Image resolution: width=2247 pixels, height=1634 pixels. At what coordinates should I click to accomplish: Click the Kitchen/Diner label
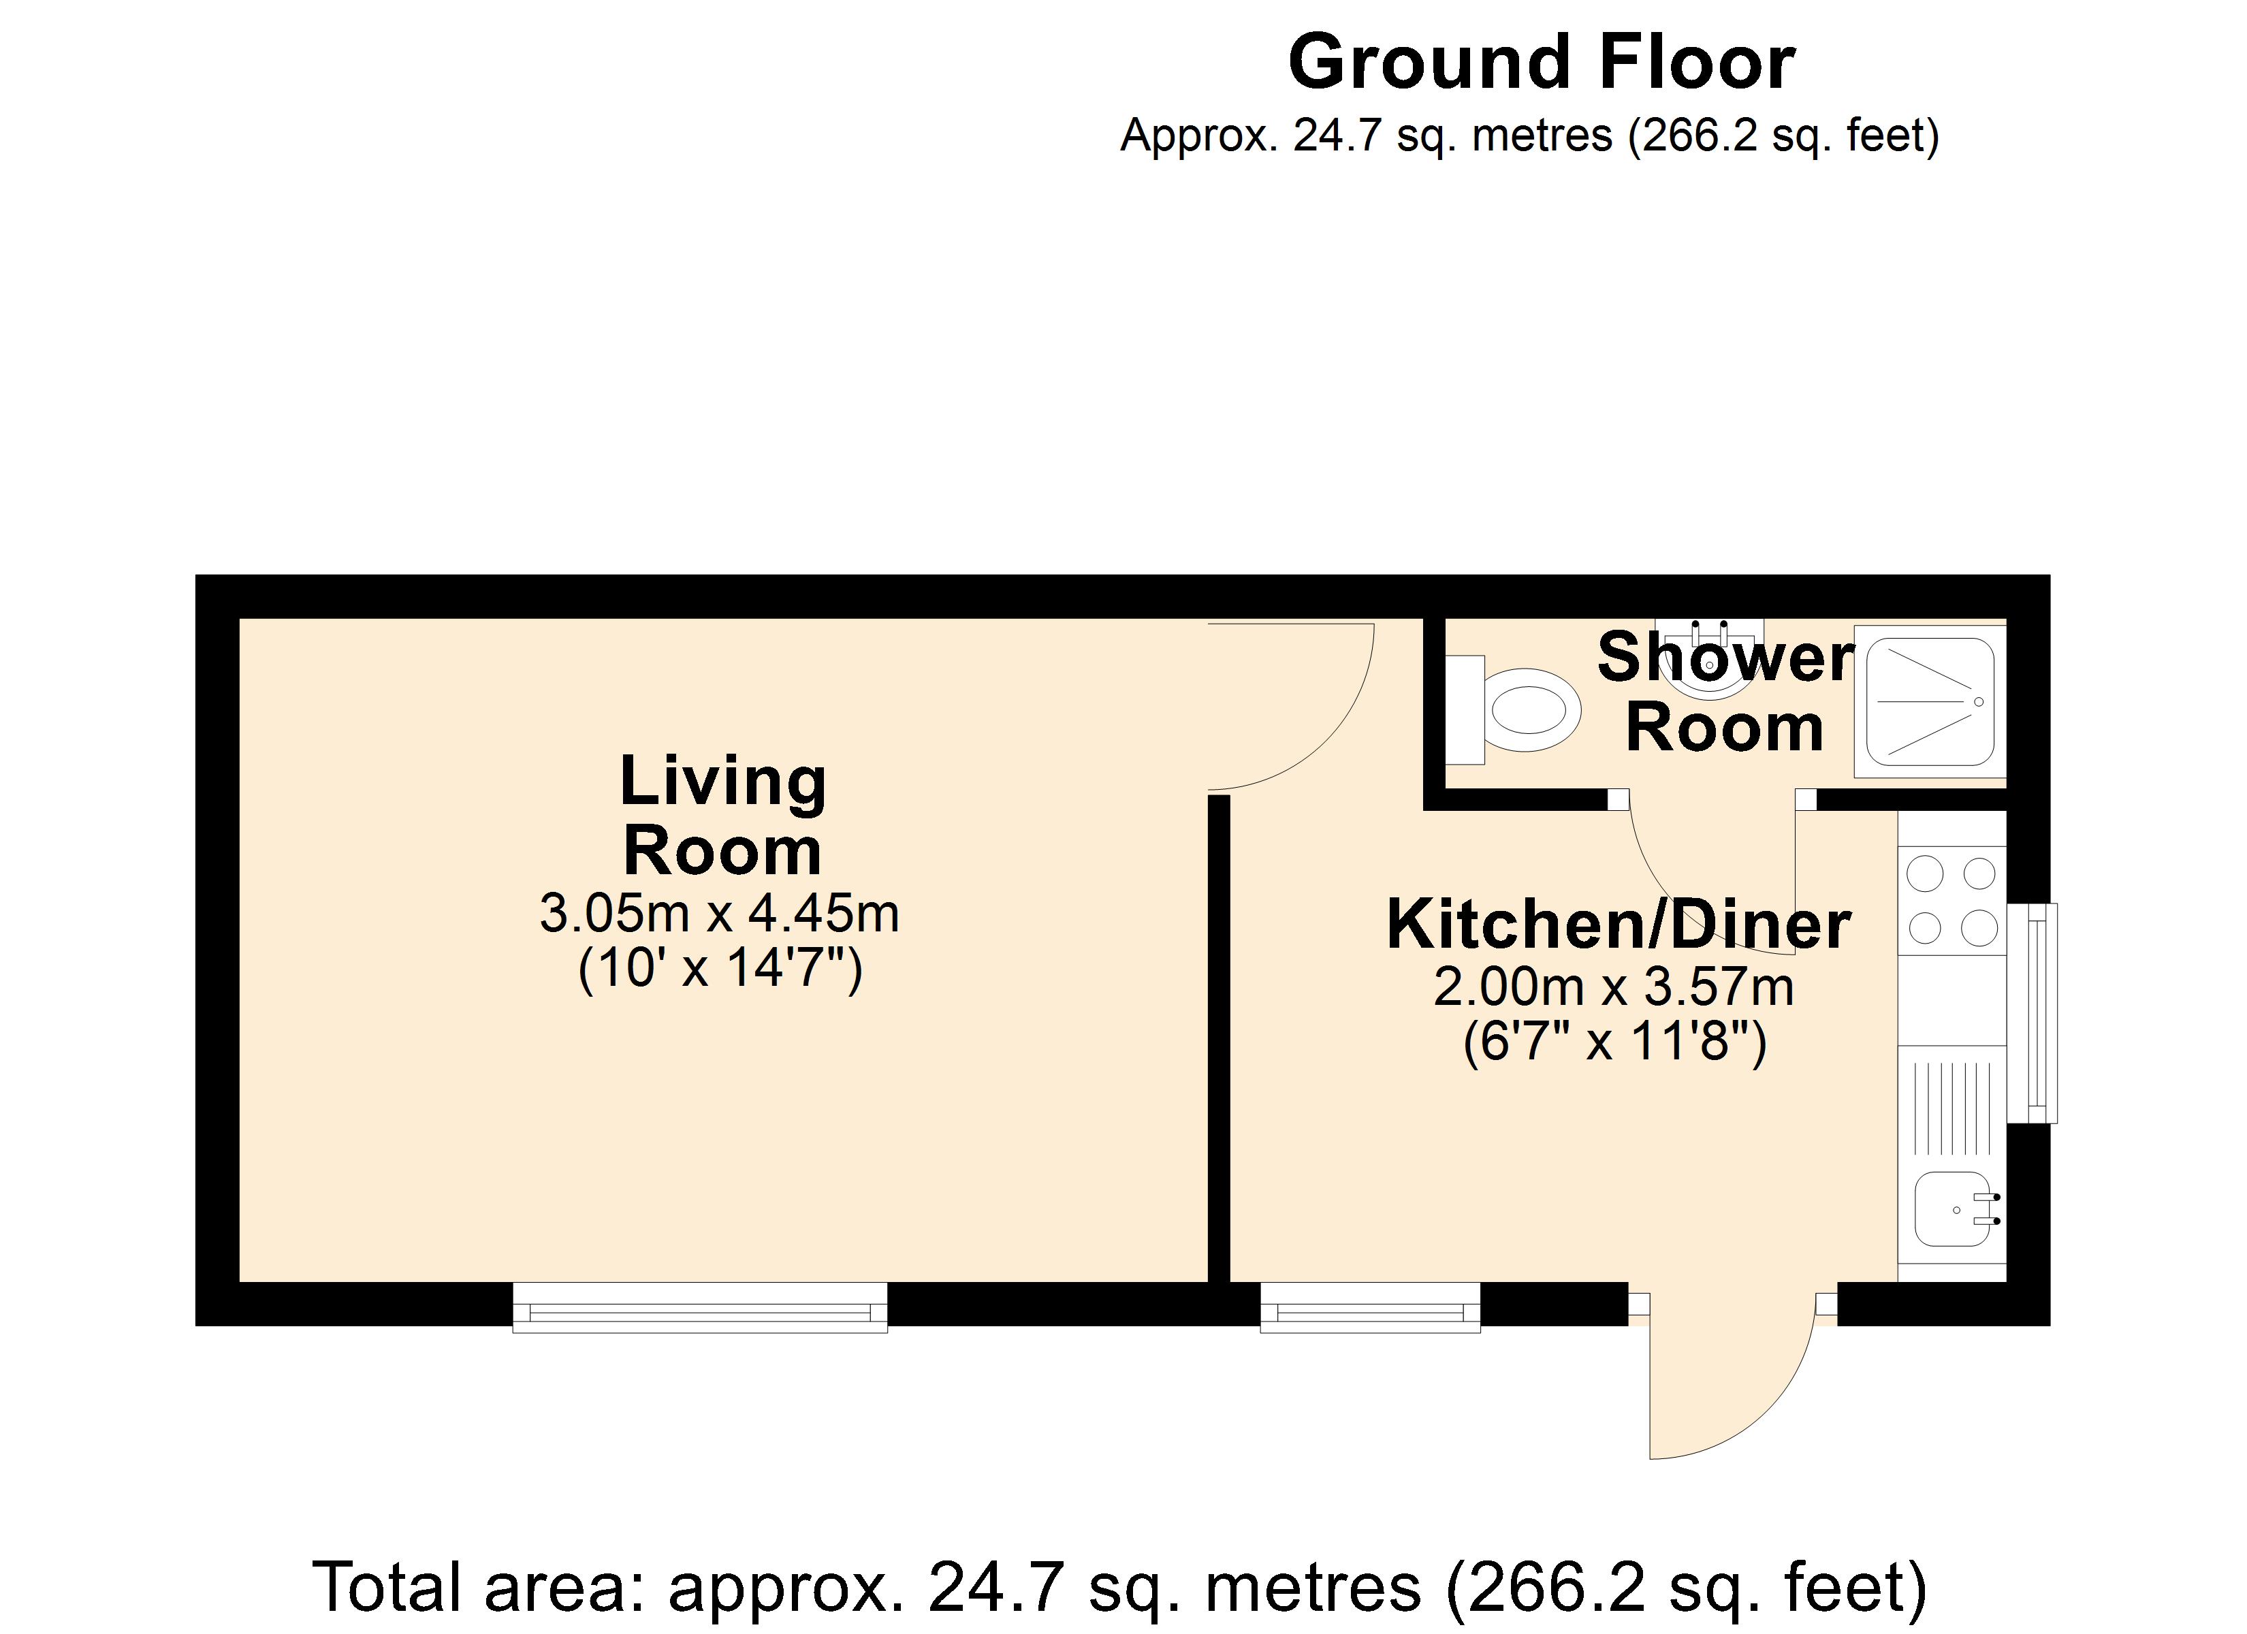click(1618, 925)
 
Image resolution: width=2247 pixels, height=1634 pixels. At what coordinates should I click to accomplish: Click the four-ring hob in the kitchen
click(1951, 901)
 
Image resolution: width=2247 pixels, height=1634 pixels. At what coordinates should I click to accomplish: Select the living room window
click(699, 1308)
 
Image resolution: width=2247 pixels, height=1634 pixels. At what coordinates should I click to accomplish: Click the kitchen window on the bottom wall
click(1369, 1308)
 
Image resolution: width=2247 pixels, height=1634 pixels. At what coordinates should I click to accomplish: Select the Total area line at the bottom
click(1119, 1586)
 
